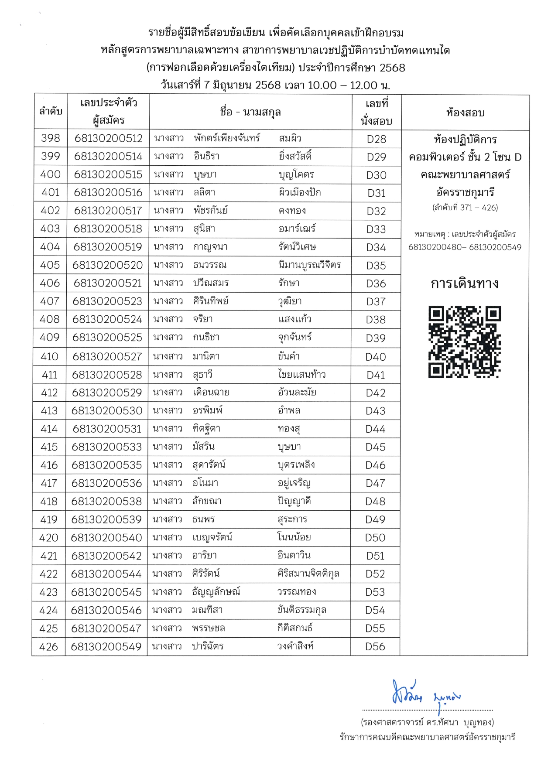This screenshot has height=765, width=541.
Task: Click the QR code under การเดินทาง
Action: coord(464,342)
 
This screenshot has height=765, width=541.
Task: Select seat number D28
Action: coord(377,139)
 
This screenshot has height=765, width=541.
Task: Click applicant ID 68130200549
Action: coord(106,646)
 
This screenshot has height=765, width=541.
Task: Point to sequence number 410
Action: coord(49,357)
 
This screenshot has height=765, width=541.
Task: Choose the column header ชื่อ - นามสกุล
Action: coord(250,112)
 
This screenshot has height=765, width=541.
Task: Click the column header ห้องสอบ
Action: coord(465,113)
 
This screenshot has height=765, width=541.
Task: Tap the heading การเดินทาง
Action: coord(464,283)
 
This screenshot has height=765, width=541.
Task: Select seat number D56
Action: coord(375,646)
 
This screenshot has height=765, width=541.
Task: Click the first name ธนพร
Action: coord(204,519)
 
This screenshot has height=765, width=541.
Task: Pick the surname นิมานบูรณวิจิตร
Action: coord(309,265)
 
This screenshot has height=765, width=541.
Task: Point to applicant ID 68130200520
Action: coord(108,265)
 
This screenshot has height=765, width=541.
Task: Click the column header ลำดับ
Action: coord(51,111)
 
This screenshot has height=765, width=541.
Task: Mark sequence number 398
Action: coord(51,138)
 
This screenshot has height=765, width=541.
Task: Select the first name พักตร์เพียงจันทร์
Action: coord(227,138)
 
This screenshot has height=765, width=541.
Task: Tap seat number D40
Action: coord(376,357)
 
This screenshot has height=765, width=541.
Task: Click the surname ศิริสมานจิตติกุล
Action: coord(308,574)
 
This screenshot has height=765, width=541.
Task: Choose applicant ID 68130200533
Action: coord(107,447)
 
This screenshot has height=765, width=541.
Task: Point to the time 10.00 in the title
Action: coord(322,85)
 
